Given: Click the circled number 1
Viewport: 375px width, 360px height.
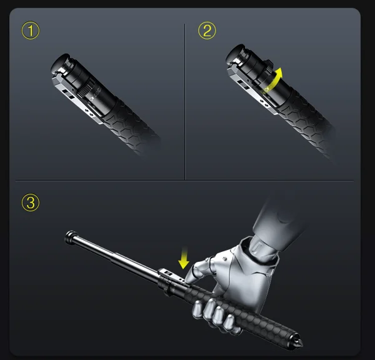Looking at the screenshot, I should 31,30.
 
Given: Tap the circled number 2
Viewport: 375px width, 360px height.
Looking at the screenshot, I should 207,30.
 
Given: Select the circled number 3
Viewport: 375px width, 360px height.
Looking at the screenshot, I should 31,202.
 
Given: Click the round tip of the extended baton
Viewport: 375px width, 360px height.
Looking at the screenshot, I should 68,236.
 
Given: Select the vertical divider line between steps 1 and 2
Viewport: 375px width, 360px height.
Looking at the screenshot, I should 185,100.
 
